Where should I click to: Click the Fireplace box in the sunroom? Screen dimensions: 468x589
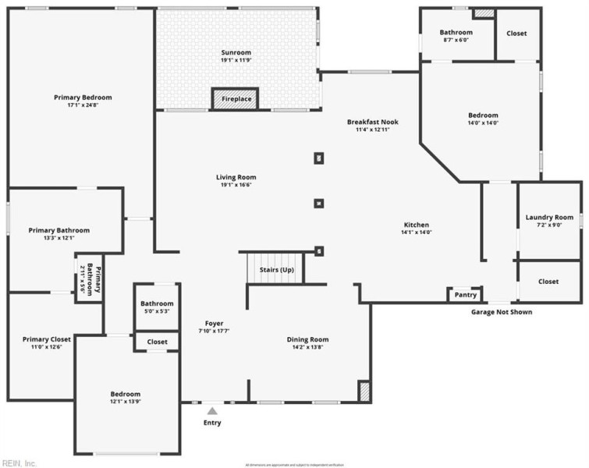[x=236, y=99]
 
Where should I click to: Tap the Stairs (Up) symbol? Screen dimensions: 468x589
[x=275, y=269]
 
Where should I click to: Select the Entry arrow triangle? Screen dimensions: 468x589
[x=212, y=409]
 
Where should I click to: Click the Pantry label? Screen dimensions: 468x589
[x=465, y=295]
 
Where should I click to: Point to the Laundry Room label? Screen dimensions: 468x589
[x=549, y=218]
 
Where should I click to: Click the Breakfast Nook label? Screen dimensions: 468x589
[x=372, y=122]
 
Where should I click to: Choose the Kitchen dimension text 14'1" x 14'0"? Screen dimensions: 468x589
[x=416, y=232]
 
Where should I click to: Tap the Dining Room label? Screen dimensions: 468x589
[x=307, y=339]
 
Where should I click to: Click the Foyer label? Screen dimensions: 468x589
[x=214, y=323]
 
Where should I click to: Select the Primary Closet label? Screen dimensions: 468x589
[x=47, y=339]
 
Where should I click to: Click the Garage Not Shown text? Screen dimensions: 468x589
[x=502, y=312]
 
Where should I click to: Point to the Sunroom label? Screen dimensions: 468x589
[x=236, y=52]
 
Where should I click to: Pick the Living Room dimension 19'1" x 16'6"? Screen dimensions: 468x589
[x=236, y=186]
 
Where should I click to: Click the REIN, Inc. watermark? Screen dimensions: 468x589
[x=20, y=463]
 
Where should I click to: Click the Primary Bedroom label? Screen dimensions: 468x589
[x=83, y=97]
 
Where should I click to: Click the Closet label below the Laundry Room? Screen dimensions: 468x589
[x=548, y=282]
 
